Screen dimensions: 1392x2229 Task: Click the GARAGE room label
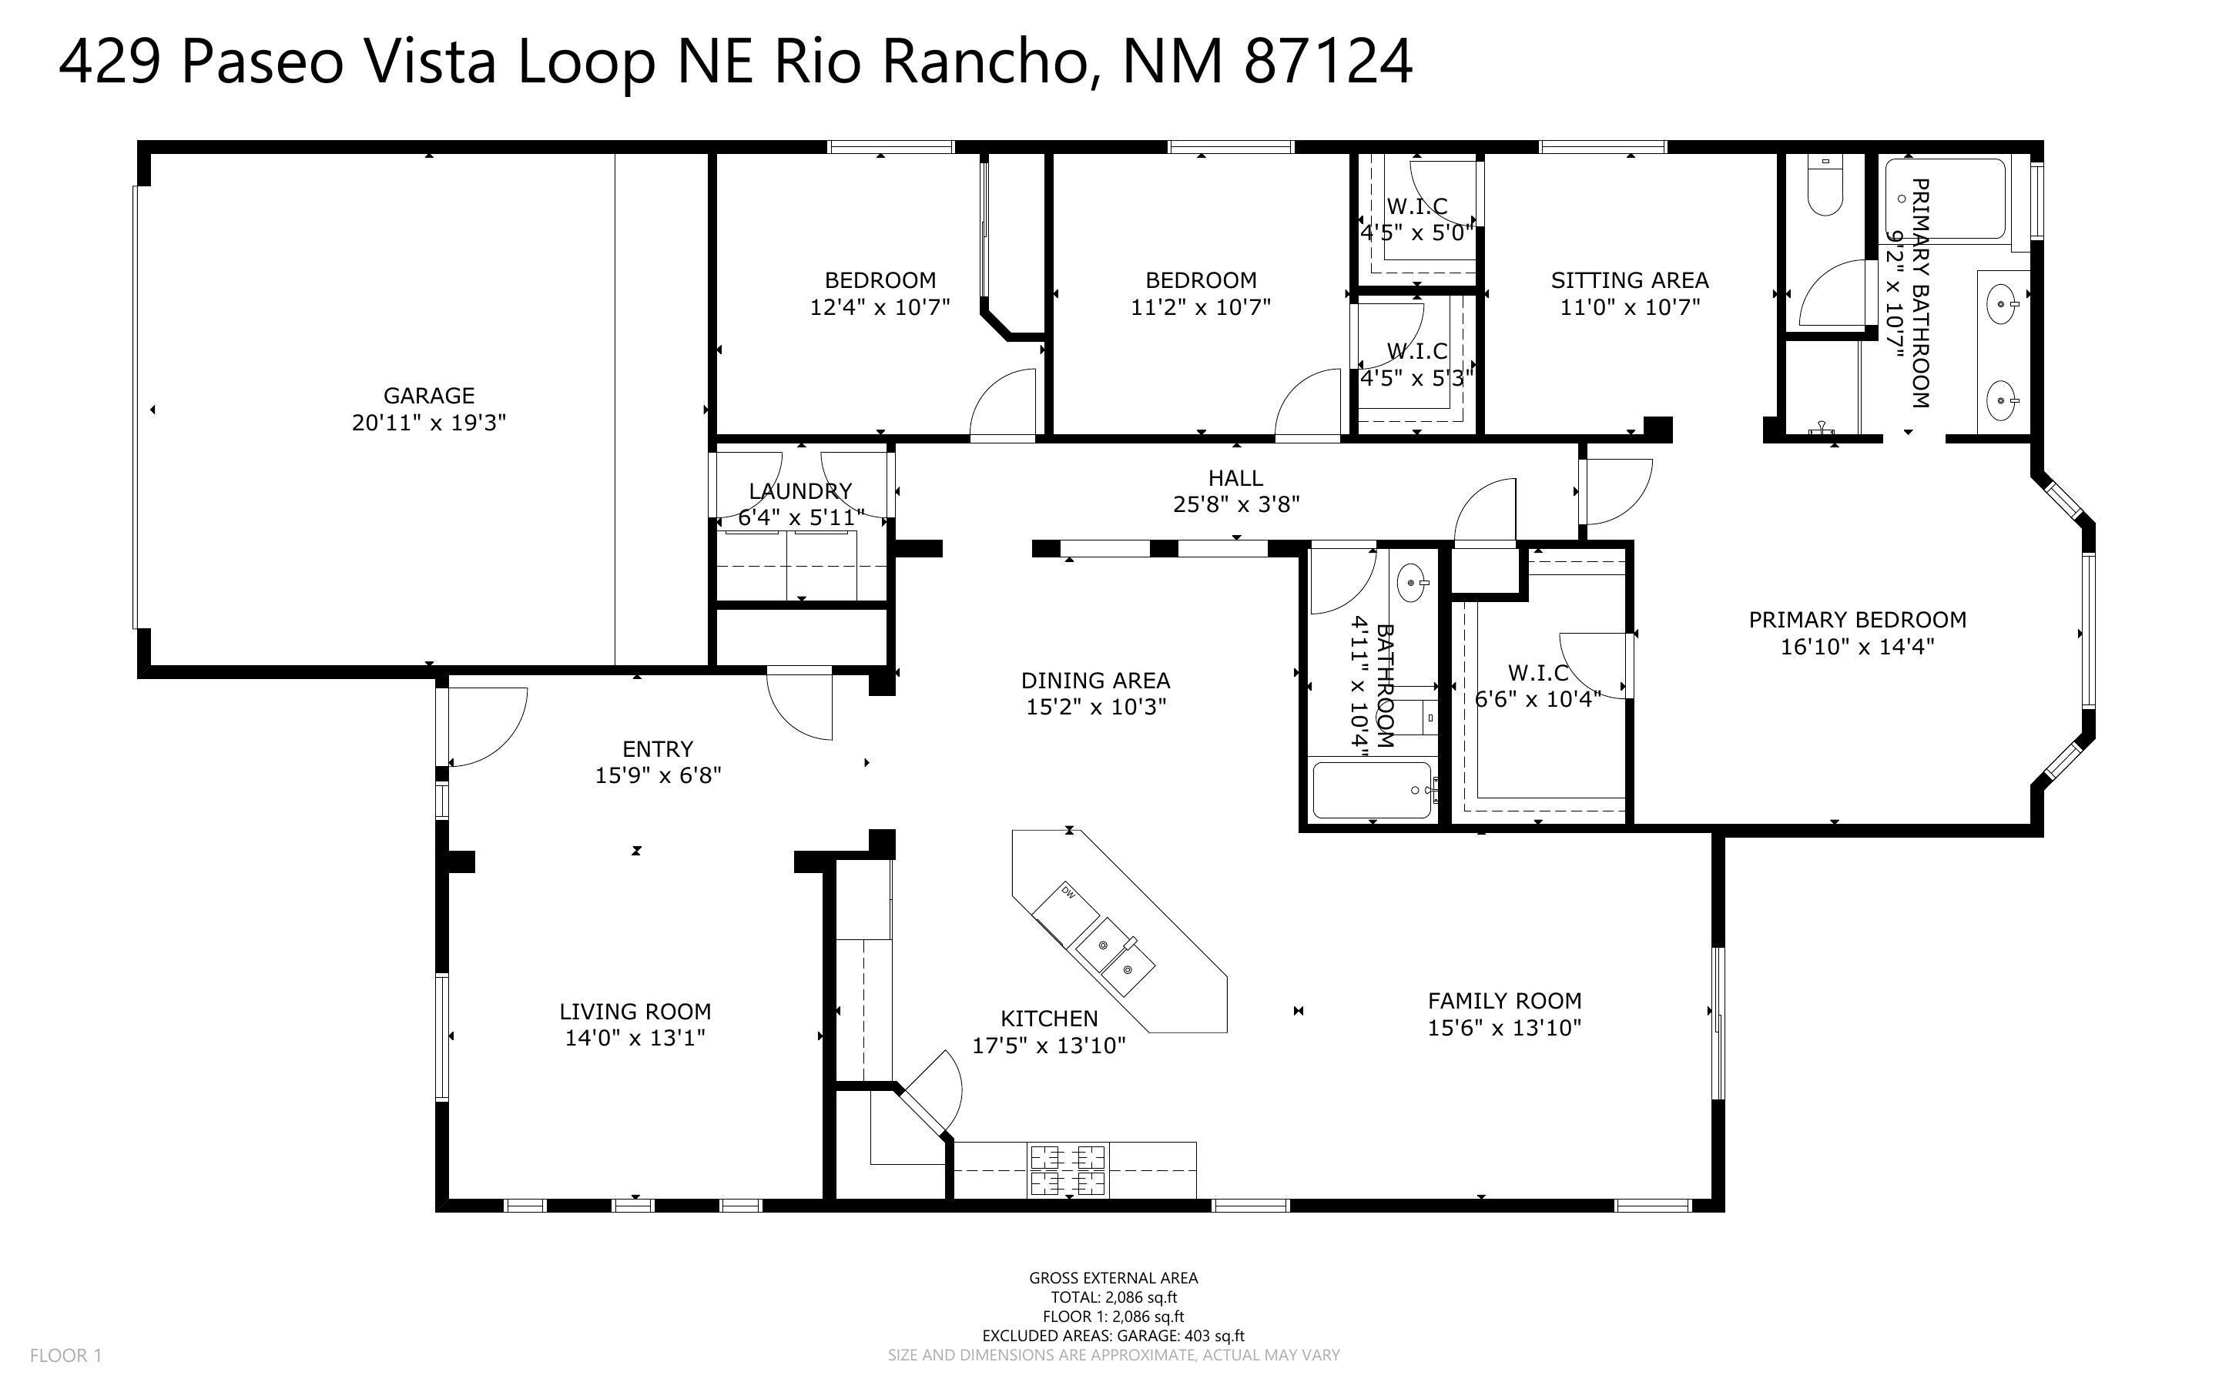coord(429,396)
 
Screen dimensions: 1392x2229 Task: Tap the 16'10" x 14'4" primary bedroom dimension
coord(1856,646)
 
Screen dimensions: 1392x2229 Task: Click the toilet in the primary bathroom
coord(1823,188)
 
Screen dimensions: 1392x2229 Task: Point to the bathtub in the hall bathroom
coord(1372,790)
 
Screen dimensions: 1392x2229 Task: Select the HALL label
coord(1235,478)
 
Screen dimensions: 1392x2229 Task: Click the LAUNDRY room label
coord(800,490)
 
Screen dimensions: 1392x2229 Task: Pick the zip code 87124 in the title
coord(1327,62)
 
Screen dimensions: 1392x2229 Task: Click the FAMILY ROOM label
coord(1504,1001)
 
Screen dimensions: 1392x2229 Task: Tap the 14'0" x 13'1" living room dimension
coord(635,1038)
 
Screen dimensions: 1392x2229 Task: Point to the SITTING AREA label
coord(1629,280)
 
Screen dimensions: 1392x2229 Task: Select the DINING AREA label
coord(1094,681)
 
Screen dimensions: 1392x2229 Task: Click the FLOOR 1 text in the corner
coord(65,1355)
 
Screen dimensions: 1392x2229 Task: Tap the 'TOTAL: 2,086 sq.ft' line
coord(1113,1297)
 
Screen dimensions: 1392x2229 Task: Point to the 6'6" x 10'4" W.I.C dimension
coord(1537,700)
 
